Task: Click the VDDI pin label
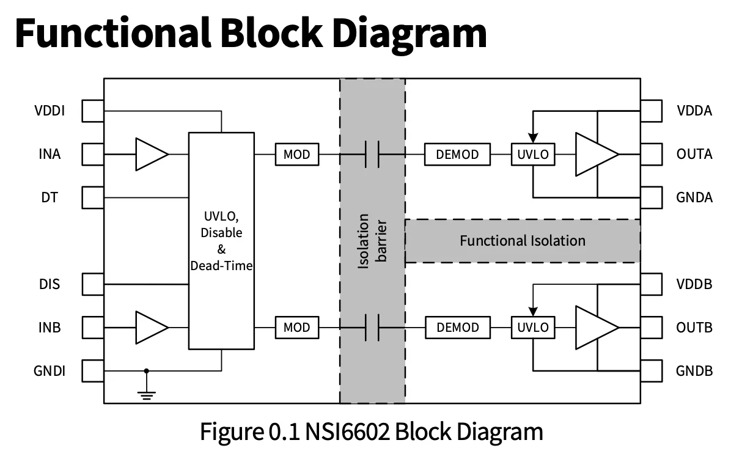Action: point(50,111)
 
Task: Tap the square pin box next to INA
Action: point(93,154)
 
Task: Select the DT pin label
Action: point(50,197)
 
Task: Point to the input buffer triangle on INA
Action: point(150,154)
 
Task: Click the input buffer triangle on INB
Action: point(150,328)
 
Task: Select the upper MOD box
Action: point(296,155)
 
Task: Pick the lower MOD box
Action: point(296,328)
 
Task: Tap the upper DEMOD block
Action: point(457,155)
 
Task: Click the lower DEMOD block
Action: point(457,328)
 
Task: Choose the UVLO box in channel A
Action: point(533,155)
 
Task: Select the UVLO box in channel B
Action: point(533,328)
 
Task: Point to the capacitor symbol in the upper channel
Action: point(372,154)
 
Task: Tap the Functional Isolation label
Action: point(523,241)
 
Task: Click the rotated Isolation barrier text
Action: point(372,241)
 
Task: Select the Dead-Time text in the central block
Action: point(221,266)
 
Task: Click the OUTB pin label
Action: point(694,328)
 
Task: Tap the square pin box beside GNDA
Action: point(652,197)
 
